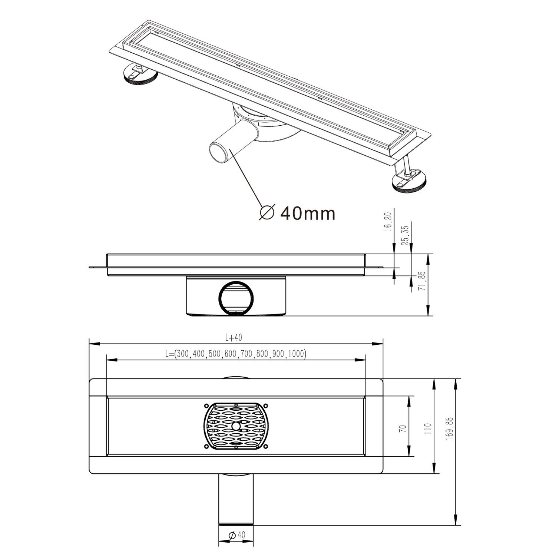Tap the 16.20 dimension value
click(388, 232)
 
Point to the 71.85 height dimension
click(421, 282)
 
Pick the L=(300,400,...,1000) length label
click(236, 354)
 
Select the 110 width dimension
click(428, 428)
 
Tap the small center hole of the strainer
click(235, 427)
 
